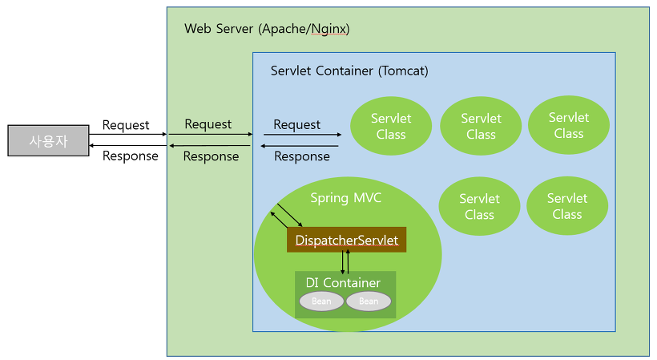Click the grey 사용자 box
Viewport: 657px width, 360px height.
(48, 140)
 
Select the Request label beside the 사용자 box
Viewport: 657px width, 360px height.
(126, 125)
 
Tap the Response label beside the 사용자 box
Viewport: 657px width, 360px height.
(131, 156)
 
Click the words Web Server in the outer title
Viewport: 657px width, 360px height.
(219, 29)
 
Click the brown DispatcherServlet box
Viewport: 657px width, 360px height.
(347, 240)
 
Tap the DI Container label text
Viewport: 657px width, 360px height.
(343, 282)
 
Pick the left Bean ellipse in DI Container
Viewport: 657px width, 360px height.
(321, 301)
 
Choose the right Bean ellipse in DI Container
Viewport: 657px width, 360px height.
(369, 301)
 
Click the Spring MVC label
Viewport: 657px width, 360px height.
(345, 197)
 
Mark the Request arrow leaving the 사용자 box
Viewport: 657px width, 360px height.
(128, 135)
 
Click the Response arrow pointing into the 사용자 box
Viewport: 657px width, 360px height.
(128, 145)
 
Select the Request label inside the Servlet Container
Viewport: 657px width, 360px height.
(296, 124)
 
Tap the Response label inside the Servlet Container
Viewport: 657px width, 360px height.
(302, 156)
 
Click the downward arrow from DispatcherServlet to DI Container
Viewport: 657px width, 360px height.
(342, 262)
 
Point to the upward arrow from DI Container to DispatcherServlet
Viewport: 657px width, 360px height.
(348, 262)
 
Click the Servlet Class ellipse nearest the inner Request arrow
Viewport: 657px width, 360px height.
(391, 126)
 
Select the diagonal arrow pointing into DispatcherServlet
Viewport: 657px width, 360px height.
(290, 215)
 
